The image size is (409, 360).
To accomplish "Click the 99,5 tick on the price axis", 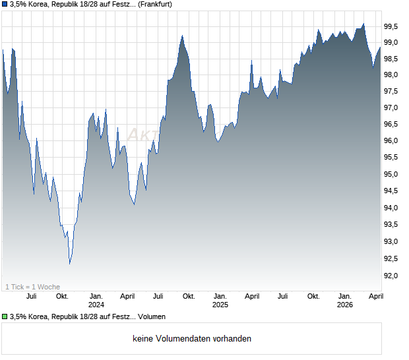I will (392, 26).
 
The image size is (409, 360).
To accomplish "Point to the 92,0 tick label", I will (392, 276).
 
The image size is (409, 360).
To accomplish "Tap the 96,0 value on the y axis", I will (392, 141).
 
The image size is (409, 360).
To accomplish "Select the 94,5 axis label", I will (392, 191).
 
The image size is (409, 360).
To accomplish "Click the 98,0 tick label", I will (392, 75).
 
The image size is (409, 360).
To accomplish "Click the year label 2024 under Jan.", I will (96, 305).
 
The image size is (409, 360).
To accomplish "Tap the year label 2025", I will (220, 305).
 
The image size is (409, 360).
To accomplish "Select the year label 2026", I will (344, 305).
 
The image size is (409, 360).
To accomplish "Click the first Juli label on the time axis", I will (31, 296).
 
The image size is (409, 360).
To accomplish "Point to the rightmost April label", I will (375, 296).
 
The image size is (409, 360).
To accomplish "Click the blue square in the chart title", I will (5, 5).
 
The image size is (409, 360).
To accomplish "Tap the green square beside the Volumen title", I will (5, 317).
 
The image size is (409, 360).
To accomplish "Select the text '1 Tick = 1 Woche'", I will (32, 287).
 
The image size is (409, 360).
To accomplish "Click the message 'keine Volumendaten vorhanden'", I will (192, 339).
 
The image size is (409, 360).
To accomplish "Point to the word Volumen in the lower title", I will (152, 317).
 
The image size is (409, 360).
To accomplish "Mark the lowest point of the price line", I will (69, 264).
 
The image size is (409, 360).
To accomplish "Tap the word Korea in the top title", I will (40, 5).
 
